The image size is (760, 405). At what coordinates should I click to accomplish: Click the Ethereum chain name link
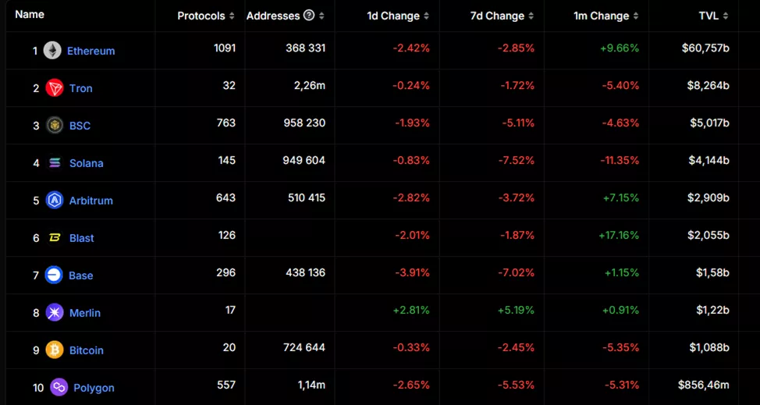coord(91,51)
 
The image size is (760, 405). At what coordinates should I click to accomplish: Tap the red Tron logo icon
coord(54,88)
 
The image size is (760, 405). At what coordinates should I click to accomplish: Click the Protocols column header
coord(201,16)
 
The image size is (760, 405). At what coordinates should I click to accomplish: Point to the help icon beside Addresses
coord(309,16)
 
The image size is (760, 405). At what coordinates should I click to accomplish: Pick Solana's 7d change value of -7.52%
coord(516,160)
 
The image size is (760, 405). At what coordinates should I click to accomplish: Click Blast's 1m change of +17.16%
coord(619,235)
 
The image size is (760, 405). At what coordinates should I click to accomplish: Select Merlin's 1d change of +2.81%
coord(412,310)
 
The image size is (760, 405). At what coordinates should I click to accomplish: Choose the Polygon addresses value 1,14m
coord(310,385)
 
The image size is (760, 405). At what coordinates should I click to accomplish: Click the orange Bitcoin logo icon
coord(54,350)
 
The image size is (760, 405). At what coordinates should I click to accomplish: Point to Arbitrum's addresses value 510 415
coord(306,197)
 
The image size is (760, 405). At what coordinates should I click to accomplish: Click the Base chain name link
coord(80,275)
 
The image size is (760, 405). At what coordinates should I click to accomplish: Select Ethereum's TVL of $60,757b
coord(705,48)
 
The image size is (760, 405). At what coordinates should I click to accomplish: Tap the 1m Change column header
coord(602,16)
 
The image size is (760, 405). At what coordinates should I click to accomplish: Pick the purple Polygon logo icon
coord(59,387)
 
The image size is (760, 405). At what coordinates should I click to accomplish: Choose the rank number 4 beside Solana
coord(36,163)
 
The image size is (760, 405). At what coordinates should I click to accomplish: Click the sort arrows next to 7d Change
coord(531,16)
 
